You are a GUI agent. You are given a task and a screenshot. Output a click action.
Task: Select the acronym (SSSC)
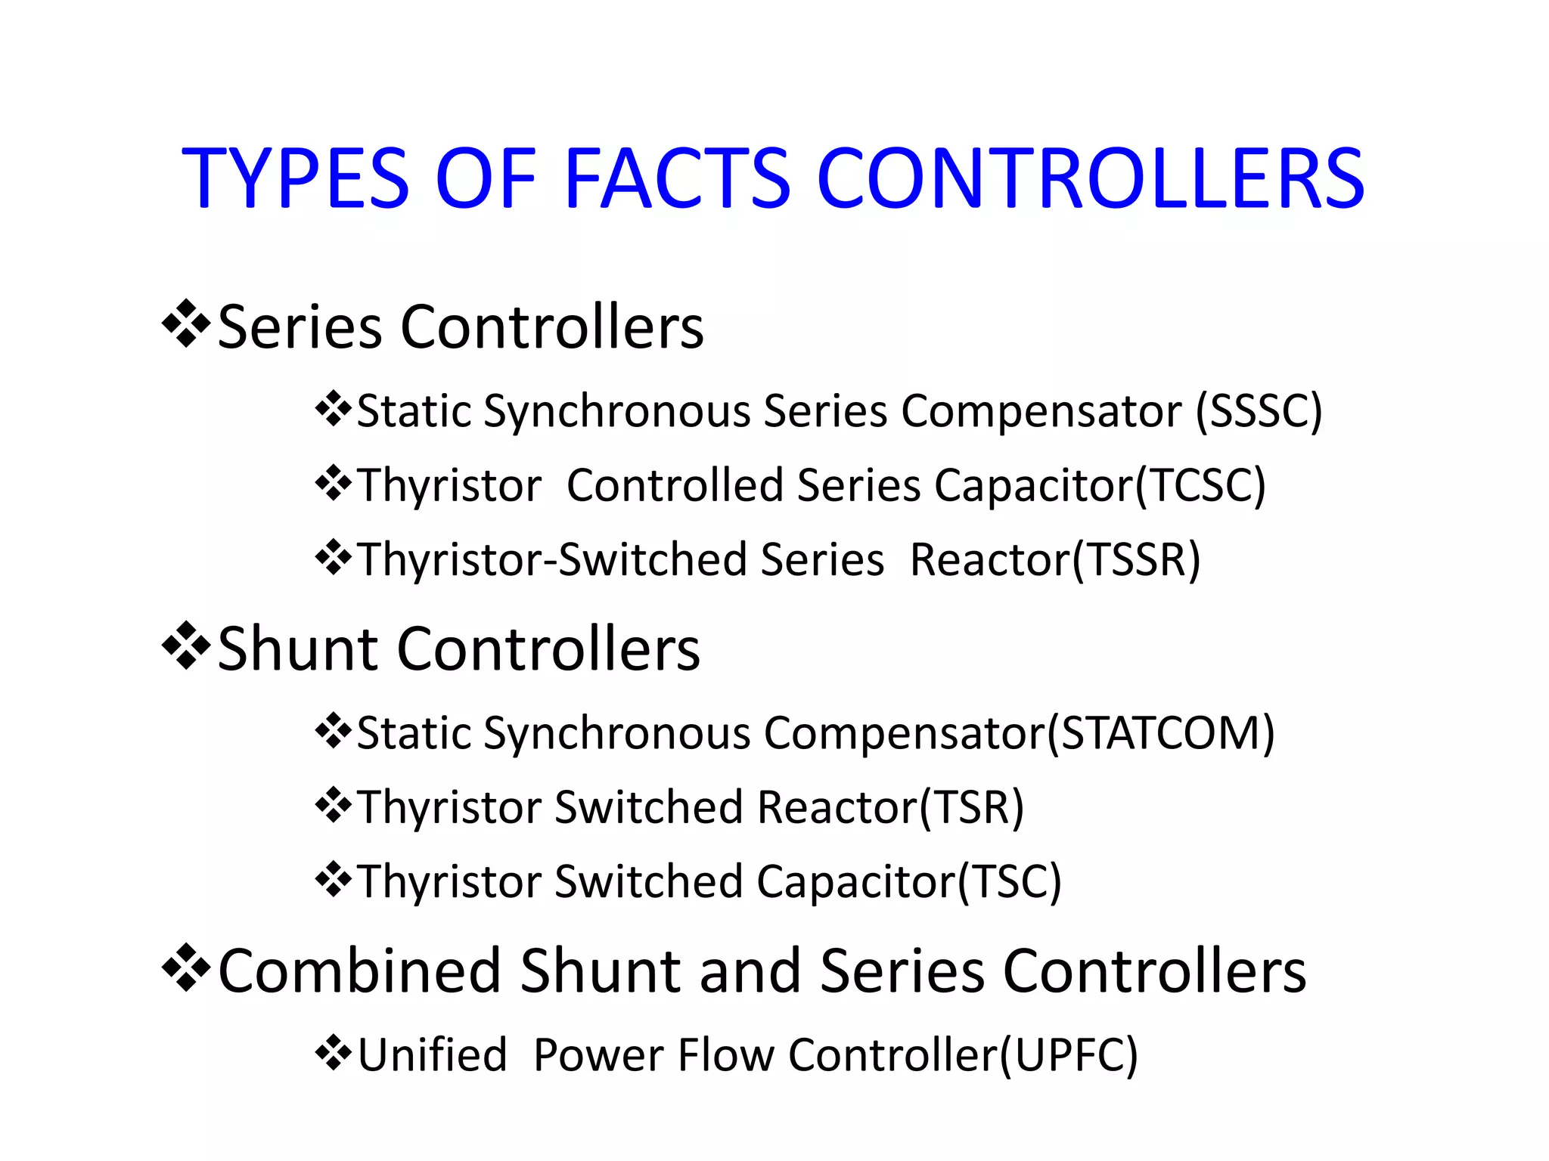pos(1259,412)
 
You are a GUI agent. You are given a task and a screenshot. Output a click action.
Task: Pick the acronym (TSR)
pos(971,807)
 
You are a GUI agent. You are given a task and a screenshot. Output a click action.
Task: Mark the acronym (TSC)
pos(1010,882)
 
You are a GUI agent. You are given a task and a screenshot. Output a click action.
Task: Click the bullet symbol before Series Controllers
pos(186,324)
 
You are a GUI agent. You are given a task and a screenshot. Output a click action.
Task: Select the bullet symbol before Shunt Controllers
pos(186,646)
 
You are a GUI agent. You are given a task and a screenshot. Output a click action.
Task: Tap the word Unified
pos(432,1055)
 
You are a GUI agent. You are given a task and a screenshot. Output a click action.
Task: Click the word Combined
pos(359,971)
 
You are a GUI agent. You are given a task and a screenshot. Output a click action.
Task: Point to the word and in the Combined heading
pos(750,971)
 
